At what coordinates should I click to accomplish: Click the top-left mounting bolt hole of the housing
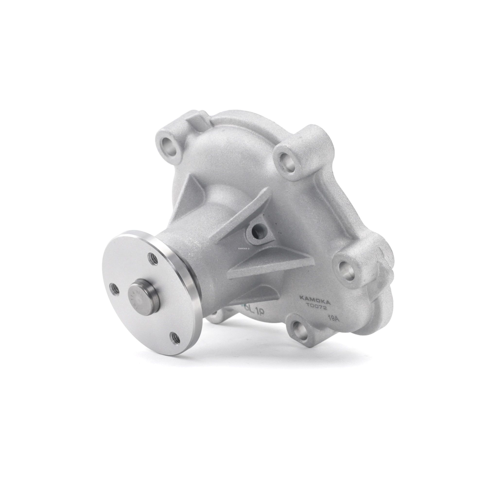(x=169, y=144)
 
